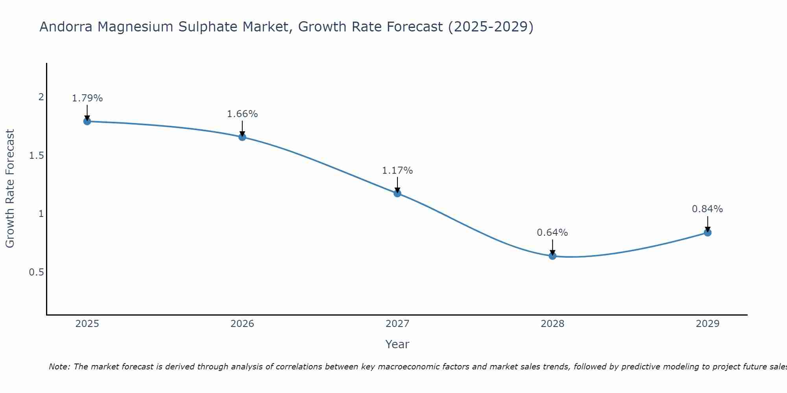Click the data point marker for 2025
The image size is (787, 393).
[87, 121]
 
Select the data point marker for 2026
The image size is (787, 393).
[242, 137]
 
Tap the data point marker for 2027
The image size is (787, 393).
[397, 193]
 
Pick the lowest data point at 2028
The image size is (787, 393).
[552, 256]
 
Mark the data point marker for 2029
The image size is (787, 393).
[708, 233]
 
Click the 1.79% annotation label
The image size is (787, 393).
[87, 98]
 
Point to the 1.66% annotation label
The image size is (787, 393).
[242, 114]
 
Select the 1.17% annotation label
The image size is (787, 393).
[397, 171]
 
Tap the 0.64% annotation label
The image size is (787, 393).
[552, 233]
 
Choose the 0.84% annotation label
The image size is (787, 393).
[708, 209]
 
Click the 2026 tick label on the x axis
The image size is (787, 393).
[242, 324]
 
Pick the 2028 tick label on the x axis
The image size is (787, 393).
[552, 324]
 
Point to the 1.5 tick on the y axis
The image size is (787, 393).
[37, 156]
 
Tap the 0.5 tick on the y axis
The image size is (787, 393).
[37, 272]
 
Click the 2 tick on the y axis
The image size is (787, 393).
[41, 97]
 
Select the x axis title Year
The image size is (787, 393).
[397, 344]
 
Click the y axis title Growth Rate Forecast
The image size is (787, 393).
[10, 189]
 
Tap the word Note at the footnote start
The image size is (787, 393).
[59, 367]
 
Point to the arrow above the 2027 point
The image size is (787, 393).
[397, 185]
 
